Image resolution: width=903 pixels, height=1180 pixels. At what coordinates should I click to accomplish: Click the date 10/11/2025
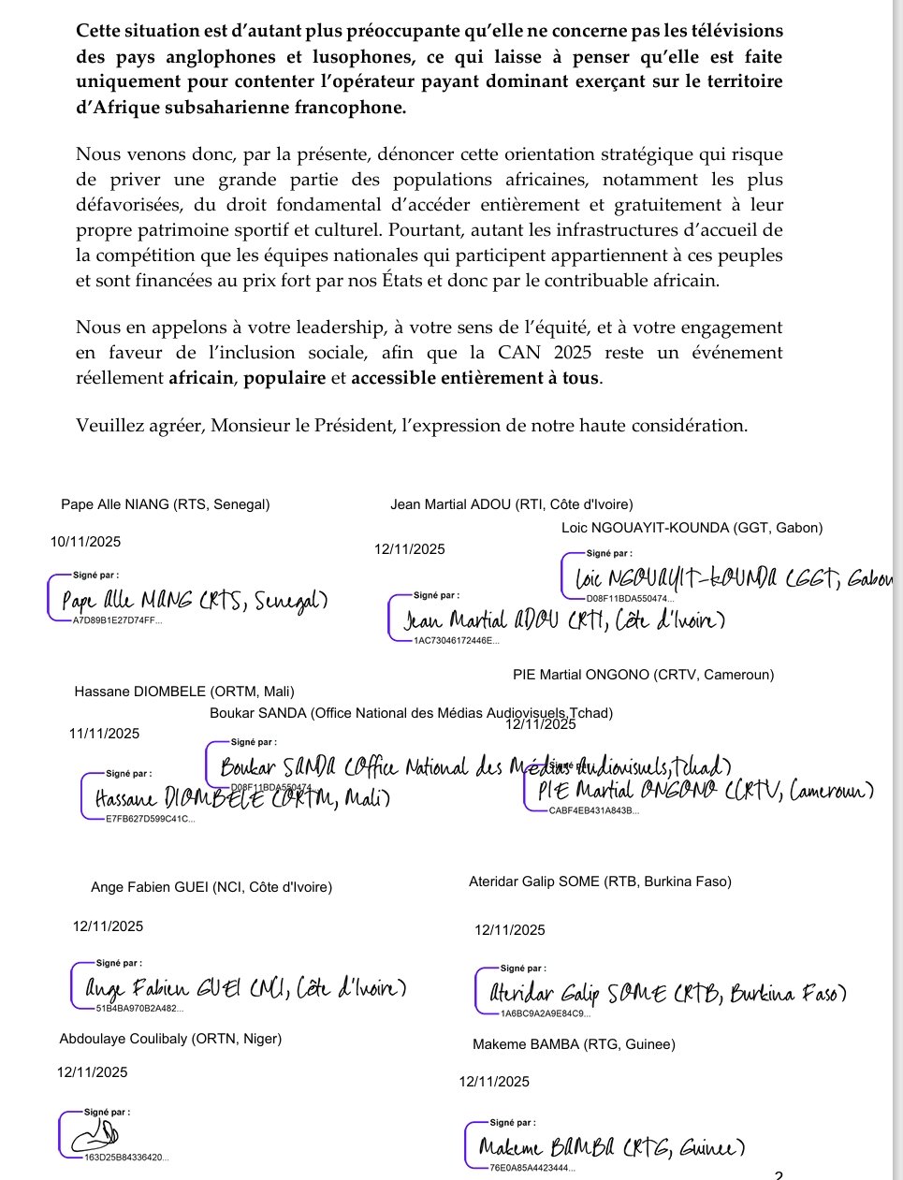tap(85, 542)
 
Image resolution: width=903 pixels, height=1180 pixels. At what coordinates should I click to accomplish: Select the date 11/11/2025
tap(104, 734)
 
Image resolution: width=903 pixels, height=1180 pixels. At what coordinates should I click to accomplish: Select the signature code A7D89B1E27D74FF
tap(116, 619)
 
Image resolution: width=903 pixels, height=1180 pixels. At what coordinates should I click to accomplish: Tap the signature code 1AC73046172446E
tap(456, 641)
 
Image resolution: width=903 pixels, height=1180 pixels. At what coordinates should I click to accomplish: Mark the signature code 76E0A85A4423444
tap(532, 1168)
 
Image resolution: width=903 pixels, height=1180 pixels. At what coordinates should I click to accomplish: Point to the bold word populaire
tap(284, 378)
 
